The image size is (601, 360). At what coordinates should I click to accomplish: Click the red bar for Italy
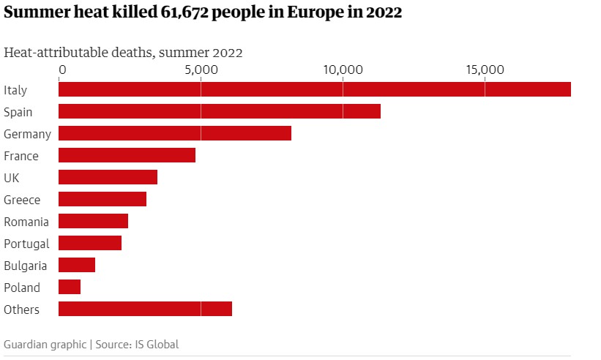(x=314, y=89)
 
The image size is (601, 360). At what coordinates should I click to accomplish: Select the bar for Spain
(x=219, y=111)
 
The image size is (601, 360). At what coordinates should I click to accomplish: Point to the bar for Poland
(x=70, y=287)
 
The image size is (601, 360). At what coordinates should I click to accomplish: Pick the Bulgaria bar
(x=77, y=265)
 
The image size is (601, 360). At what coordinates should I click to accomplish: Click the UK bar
(x=108, y=177)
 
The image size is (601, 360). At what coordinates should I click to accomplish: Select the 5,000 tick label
(x=201, y=70)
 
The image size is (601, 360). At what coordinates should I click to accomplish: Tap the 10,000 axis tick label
(x=343, y=70)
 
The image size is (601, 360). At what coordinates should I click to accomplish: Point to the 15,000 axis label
(x=485, y=70)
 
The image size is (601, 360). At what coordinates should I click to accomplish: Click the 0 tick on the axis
(x=62, y=70)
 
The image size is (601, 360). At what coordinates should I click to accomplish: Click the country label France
(x=21, y=156)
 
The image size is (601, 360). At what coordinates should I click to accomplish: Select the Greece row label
(x=22, y=200)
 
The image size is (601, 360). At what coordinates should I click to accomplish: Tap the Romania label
(x=26, y=222)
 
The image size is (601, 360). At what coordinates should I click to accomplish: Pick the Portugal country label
(x=26, y=244)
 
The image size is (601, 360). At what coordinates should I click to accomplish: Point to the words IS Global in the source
(x=158, y=344)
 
